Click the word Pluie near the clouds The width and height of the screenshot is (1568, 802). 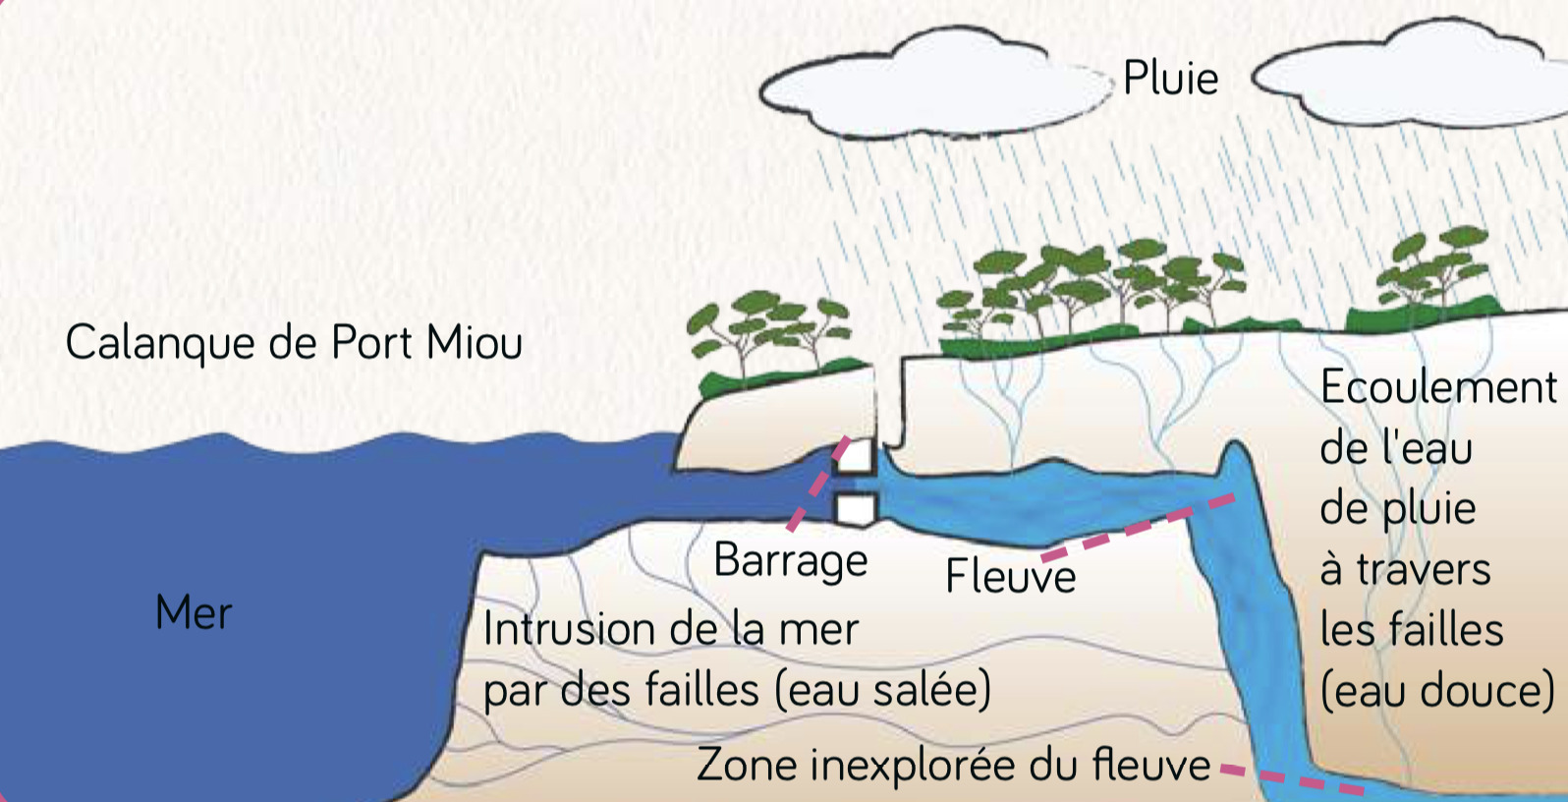1170,78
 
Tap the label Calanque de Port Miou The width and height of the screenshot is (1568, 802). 294,343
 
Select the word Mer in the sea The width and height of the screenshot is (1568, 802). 194,612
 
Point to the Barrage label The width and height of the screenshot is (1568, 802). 791,560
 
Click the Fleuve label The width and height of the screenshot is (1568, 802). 1010,576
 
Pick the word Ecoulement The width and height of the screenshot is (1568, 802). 1438,387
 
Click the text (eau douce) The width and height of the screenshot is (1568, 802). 1437,690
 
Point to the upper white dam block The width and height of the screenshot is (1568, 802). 855,455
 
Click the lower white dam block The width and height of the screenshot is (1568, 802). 855,509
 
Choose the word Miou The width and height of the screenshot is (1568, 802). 475,343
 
